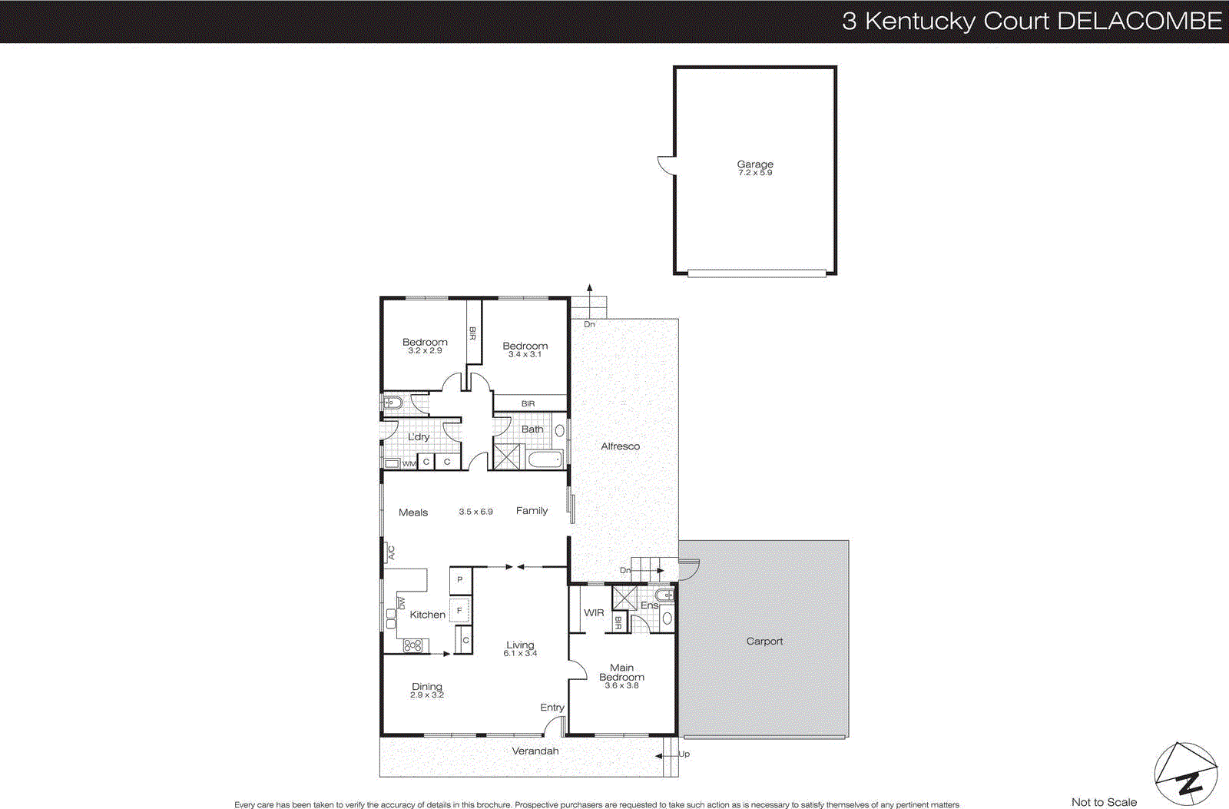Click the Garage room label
[x=755, y=164]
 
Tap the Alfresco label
[x=620, y=446]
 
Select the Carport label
[x=764, y=641]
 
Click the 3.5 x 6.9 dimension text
[x=475, y=512]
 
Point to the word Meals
[x=413, y=512]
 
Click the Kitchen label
[x=427, y=615]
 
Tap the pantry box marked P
[x=460, y=579]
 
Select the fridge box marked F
[x=460, y=611]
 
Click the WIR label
[x=594, y=612]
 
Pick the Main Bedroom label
[x=621, y=672]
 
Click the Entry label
[x=552, y=708]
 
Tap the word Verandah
[x=535, y=751]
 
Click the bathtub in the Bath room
[x=546, y=460]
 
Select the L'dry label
[x=419, y=436]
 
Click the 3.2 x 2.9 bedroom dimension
[x=425, y=351]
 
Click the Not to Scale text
[x=1104, y=802]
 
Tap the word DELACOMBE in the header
[x=1140, y=21]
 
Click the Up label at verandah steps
[x=684, y=754]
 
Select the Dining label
[x=427, y=686]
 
